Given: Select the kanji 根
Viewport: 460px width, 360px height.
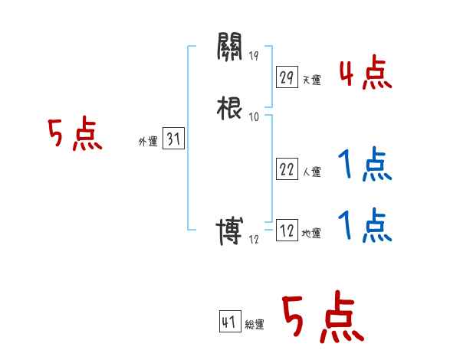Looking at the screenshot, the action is pyautogui.click(x=230, y=106).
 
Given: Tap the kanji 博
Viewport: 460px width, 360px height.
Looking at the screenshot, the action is pyautogui.click(x=230, y=231).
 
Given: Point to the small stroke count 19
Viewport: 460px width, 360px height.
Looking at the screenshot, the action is pyautogui.click(x=255, y=55).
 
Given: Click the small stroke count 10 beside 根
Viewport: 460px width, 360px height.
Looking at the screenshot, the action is pyautogui.click(x=255, y=116).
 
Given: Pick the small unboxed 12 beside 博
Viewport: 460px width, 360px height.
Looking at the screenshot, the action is pyautogui.click(x=255, y=240).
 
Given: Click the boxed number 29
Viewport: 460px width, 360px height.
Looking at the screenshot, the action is pyautogui.click(x=287, y=77).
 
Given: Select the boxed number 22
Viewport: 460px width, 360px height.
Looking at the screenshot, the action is pyautogui.click(x=287, y=170).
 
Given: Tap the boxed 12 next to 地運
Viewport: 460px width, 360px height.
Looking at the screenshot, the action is pyautogui.click(x=287, y=231).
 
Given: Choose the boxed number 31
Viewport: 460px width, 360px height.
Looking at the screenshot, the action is pyautogui.click(x=174, y=140).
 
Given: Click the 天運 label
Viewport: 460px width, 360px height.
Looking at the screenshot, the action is pyautogui.click(x=311, y=80).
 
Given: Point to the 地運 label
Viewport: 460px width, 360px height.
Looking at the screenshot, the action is pyautogui.click(x=311, y=234).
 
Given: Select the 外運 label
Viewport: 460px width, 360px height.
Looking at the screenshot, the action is pyautogui.click(x=147, y=142).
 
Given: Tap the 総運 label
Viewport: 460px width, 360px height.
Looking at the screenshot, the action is pyautogui.click(x=255, y=325).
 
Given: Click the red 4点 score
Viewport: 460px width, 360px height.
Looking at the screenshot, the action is pyautogui.click(x=365, y=75).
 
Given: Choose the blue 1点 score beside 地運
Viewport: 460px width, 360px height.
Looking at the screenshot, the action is pyautogui.click(x=365, y=227).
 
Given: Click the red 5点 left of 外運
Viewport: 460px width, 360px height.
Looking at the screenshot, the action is pyautogui.click(x=74, y=136).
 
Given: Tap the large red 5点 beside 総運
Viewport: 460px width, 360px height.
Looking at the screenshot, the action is pyautogui.click(x=322, y=319).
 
